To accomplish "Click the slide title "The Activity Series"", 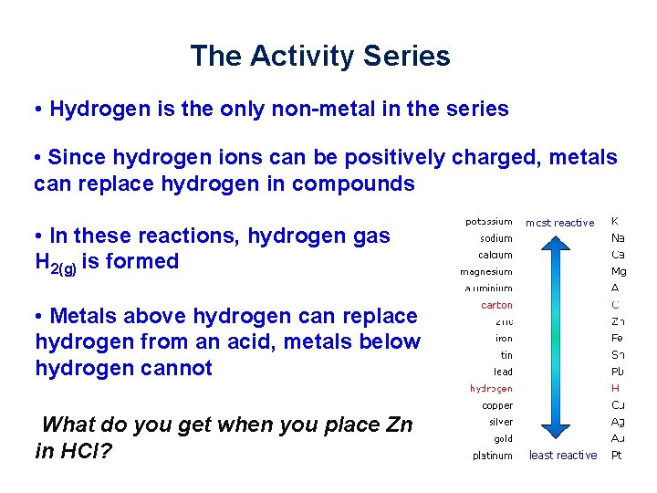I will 319,57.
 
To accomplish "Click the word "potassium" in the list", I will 488,222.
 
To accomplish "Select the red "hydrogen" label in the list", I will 491,388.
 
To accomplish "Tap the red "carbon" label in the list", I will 496,305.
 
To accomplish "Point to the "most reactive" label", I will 559,223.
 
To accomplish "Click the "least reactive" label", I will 563,455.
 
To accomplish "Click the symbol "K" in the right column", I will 615,222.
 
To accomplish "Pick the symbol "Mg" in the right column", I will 618,271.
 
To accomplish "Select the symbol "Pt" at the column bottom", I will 617,455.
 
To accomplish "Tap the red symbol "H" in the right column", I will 615,388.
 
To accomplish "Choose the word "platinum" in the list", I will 492,455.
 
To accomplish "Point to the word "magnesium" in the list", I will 485,271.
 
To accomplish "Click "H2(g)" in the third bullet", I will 56,263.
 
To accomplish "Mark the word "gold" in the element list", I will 502,438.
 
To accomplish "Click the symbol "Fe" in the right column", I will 618,338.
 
